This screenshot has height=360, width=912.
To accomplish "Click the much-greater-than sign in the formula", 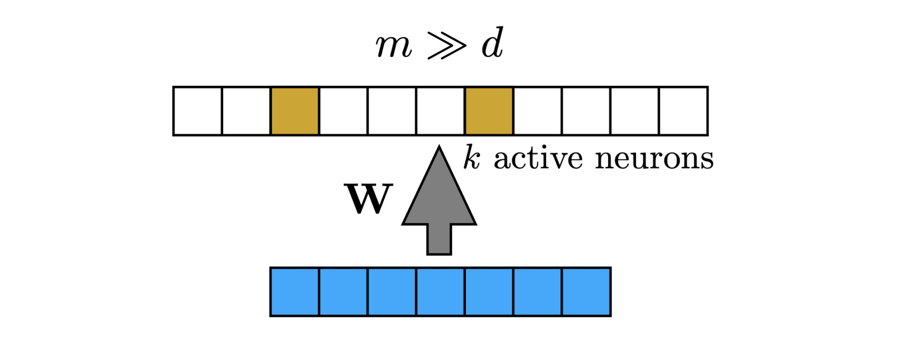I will (447, 46).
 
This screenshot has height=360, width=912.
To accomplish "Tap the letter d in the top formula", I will (492, 44).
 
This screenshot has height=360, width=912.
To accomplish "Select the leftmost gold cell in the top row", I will (294, 111).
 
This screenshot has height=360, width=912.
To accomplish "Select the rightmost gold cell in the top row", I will (489, 111).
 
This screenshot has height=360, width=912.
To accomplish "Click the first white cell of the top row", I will (198, 111).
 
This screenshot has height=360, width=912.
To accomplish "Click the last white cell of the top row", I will (683, 111).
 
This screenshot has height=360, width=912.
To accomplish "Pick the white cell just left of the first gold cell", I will (246, 111).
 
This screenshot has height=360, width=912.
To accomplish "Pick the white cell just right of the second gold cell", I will (537, 111).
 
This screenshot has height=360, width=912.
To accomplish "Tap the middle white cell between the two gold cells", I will (392, 111).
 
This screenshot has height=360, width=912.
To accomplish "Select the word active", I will (538, 158).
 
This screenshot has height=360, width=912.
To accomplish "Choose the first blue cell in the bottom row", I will (294, 292).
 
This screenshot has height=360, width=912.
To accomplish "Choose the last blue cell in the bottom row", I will (586, 292).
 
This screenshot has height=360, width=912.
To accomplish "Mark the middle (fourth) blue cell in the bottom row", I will (440, 292).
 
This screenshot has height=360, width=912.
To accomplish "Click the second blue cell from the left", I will (343, 292).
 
